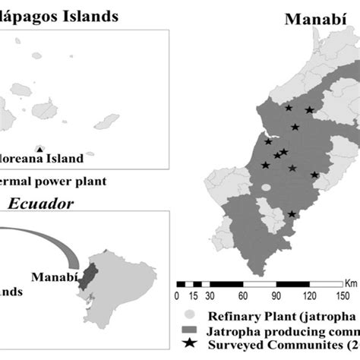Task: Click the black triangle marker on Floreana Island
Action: click(39, 149)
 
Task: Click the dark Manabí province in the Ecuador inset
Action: click(90, 273)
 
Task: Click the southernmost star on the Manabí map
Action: click(292, 215)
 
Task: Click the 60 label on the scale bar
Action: click(242, 296)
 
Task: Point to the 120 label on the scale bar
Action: click(308, 296)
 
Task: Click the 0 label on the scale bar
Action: click(177, 296)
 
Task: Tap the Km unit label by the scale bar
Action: click(349, 283)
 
